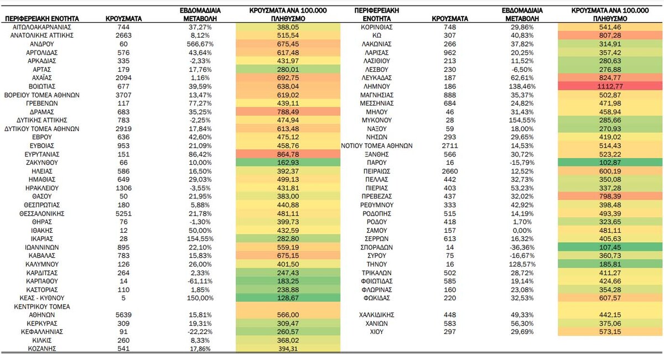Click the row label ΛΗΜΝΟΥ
point(376,86)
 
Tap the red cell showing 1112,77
point(610,86)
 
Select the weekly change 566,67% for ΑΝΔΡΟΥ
point(200,44)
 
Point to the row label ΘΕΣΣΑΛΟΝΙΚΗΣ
point(42,213)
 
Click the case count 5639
point(123,315)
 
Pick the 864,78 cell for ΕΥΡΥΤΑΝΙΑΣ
point(288,154)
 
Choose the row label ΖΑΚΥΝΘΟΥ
point(42,163)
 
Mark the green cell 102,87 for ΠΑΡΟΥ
point(610,163)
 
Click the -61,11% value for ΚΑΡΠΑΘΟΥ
point(200,281)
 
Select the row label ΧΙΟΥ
point(376,332)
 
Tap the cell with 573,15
point(610,332)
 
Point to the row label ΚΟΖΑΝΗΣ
point(42,349)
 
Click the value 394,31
point(288,349)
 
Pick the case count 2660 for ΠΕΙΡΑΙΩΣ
point(450,171)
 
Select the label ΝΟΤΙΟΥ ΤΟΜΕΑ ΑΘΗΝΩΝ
point(376,146)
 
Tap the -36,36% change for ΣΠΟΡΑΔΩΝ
point(522,247)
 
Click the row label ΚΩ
point(376,35)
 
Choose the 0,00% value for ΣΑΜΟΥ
point(522,231)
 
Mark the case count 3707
point(123,95)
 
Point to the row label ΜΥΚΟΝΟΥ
point(376,121)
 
